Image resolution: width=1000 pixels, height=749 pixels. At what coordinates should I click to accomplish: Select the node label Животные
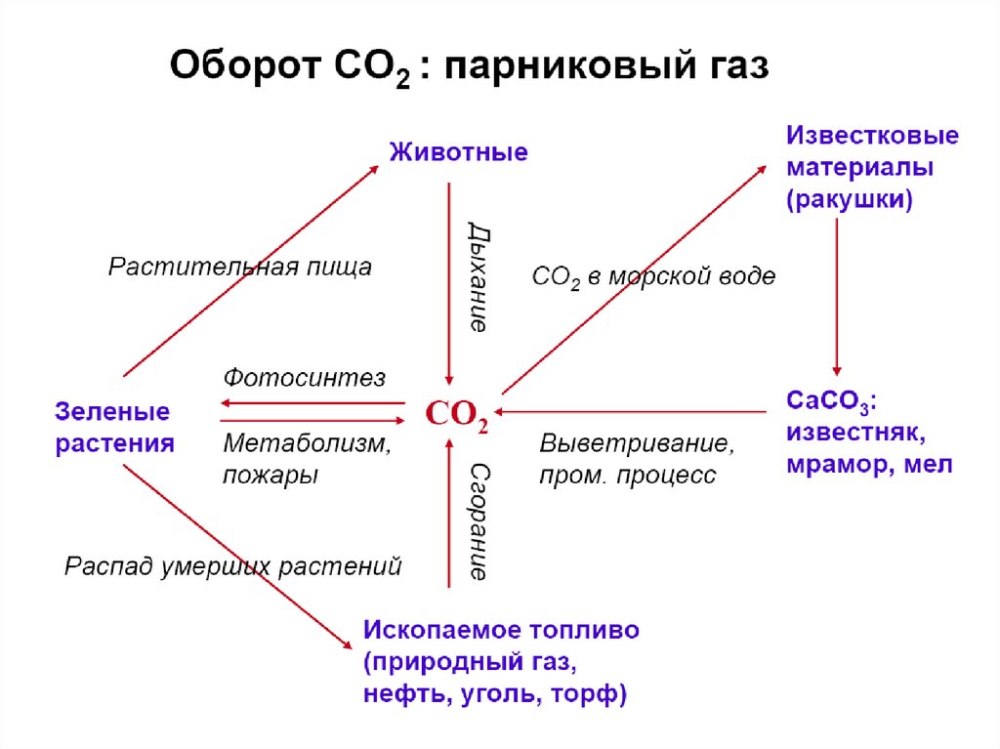pos(459,152)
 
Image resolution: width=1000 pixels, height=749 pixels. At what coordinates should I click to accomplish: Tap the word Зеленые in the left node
pos(112,412)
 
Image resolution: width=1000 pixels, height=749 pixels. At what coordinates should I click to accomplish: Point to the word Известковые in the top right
pos(872,135)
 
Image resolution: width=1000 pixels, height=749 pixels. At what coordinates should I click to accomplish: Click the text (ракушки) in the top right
pos(849,200)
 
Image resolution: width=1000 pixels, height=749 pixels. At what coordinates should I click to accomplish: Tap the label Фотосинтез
pos(305,377)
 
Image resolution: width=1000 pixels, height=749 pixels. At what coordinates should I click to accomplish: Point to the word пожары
pos(271,476)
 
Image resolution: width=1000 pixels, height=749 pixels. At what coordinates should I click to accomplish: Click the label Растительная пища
pos(240,267)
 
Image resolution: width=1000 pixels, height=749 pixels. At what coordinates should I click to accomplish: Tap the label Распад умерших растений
pos(233,566)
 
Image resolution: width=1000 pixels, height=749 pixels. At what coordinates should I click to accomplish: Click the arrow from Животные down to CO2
pos(448,283)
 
